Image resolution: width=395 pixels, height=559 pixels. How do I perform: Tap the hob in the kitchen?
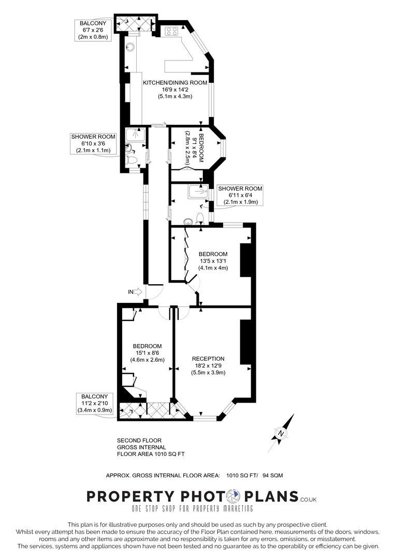coord(171,31)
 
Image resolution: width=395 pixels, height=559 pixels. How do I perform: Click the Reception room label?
coord(208,359)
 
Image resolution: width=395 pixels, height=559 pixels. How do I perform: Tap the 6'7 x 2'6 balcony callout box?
coord(93,30)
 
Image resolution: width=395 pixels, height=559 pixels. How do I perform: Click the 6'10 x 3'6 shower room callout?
coord(93,143)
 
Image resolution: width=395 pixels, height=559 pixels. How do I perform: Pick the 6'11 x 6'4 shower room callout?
coord(240,195)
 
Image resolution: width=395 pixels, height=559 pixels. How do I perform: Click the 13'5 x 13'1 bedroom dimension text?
coord(213,261)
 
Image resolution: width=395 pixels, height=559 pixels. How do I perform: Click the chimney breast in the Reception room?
coord(245,342)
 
